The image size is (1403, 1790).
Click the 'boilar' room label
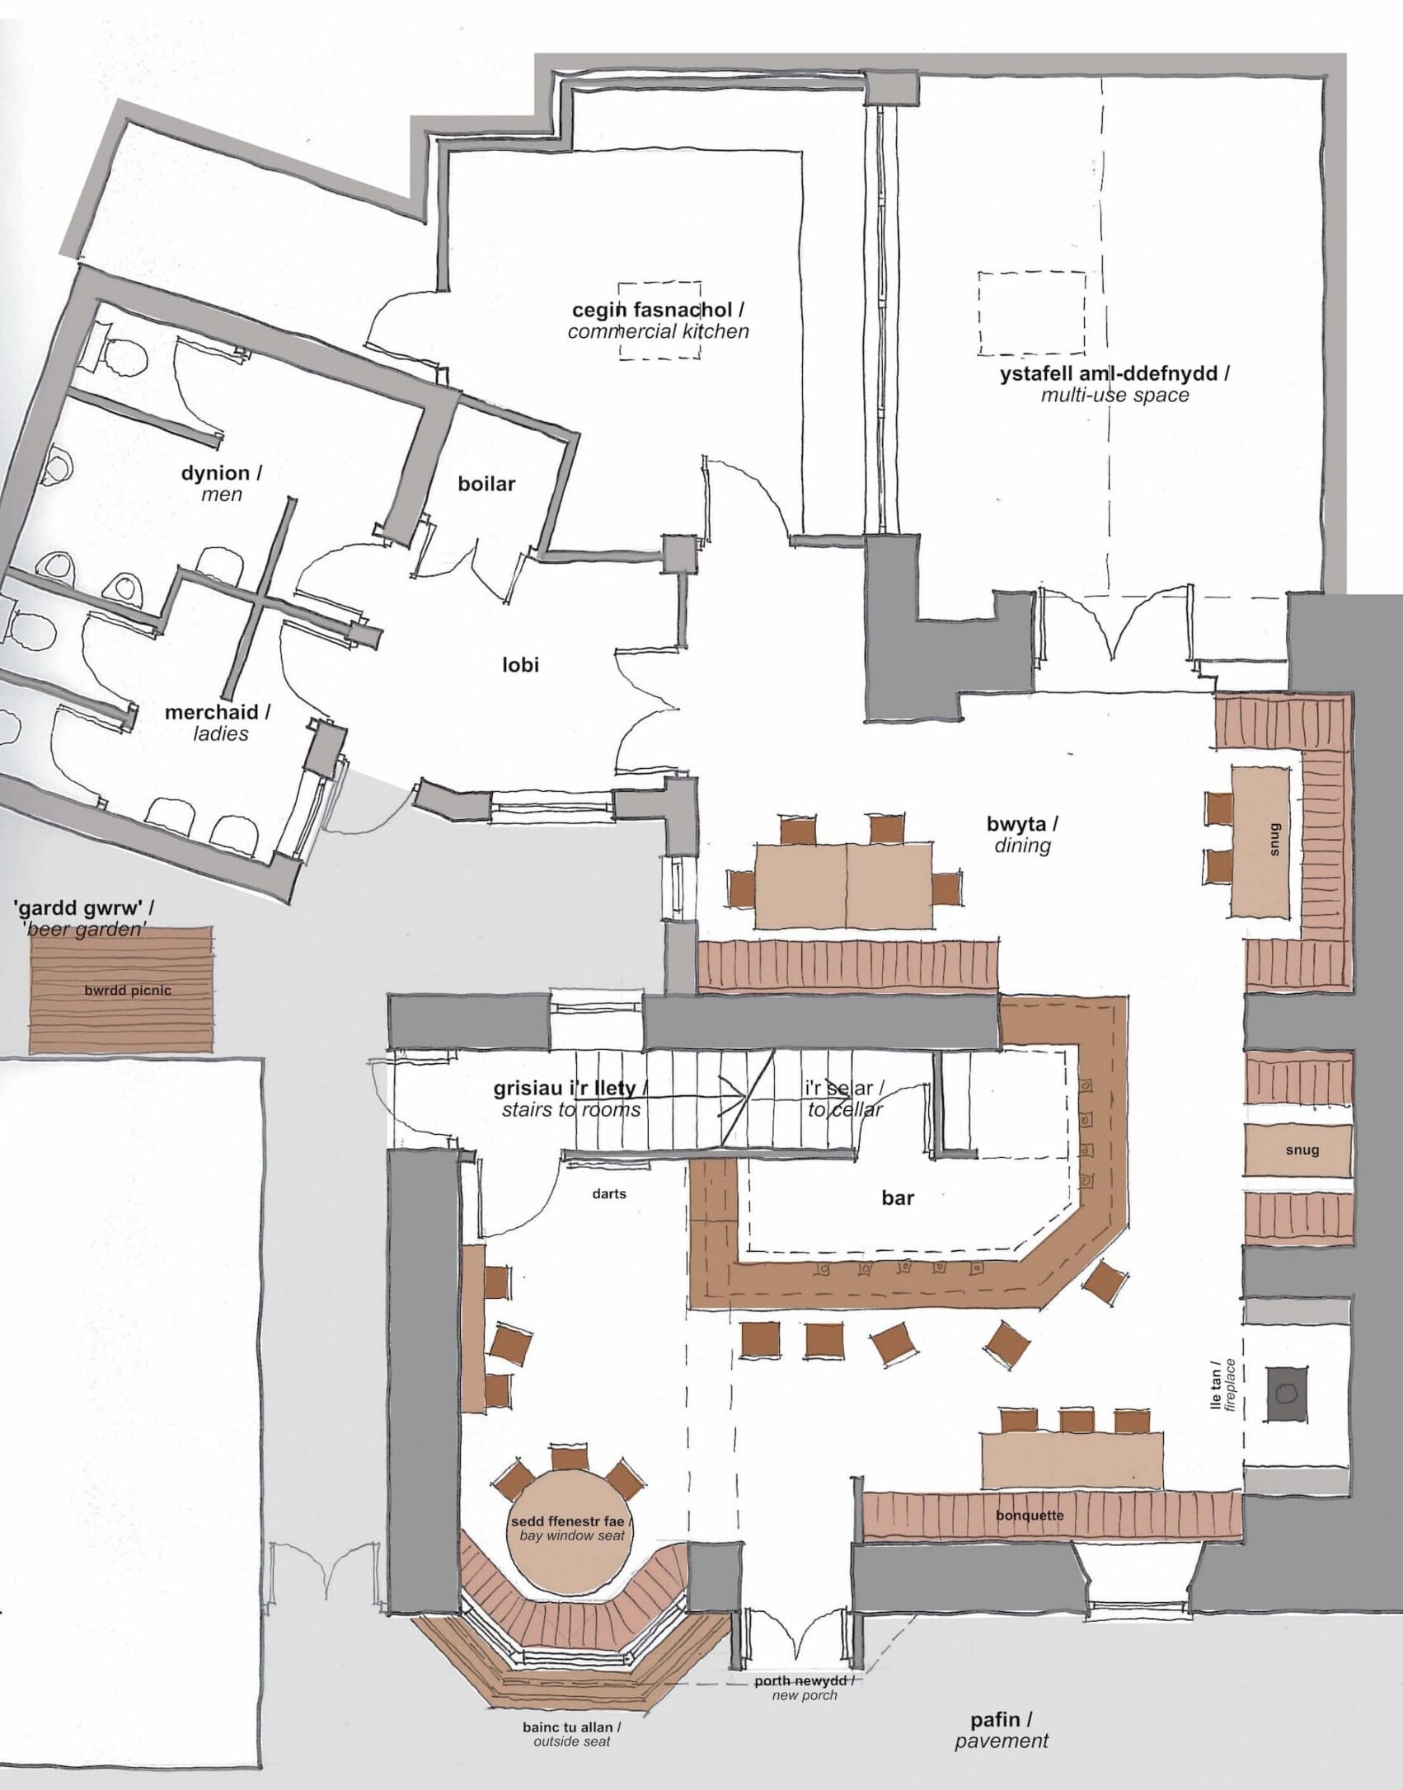(x=486, y=484)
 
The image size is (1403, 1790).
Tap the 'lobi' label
(x=520, y=664)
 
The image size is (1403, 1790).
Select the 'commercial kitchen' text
(x=658, y=331)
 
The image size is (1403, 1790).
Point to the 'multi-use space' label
(x=1114, y=395)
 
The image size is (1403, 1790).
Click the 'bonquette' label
(x=1029, y=1515)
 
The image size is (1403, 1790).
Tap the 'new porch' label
(x=804, y=1695)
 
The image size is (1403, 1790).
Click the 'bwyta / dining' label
(x=1022, y=834)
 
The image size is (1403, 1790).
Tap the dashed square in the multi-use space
(x=1031, y=314)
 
